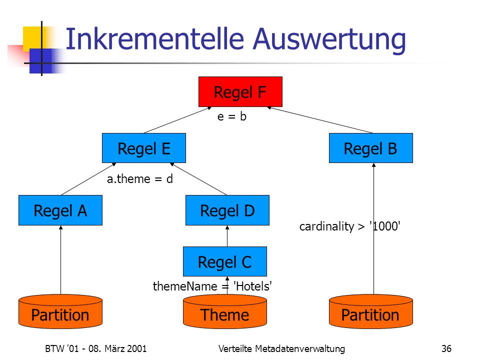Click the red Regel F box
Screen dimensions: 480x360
click(240, 91)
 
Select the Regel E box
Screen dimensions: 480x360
click(144, 148)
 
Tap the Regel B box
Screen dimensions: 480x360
click(370, 148)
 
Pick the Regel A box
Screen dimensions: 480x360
click(60, 210)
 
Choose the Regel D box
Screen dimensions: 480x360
click(227, 210)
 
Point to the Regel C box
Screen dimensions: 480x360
click(225, 261)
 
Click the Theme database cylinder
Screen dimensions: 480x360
click(225, 311)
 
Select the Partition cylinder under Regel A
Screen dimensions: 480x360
click(60, 311)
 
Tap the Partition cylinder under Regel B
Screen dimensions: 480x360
click(370, 311)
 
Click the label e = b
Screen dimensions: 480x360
click(231, 116)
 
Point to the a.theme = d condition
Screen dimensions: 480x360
click(140, 179)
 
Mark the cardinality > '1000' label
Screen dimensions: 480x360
click(350, 226)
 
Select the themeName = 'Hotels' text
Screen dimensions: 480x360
click(212, 286)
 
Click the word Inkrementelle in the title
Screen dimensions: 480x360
click(155, 39)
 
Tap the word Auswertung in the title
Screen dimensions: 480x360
click(329, 40)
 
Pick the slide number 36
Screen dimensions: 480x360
click(446, 348)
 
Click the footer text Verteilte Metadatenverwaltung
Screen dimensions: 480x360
click(281, 348)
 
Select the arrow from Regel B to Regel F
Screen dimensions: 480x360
click(320, 120)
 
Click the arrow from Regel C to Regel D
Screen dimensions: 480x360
click(227, 236)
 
